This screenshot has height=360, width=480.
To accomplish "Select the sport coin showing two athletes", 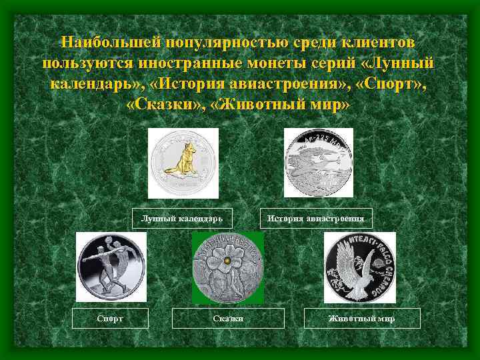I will pos(111,267).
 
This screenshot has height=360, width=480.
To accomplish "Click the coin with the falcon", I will pos(359,267).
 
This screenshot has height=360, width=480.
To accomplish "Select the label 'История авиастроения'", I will pos(315,218).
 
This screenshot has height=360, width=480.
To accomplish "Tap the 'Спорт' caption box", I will pos(110,319).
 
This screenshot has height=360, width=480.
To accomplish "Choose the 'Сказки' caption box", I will pos(228,319).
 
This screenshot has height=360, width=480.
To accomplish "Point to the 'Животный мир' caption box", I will pos(362,319).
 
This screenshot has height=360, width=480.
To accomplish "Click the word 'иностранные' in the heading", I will pos(175,64).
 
